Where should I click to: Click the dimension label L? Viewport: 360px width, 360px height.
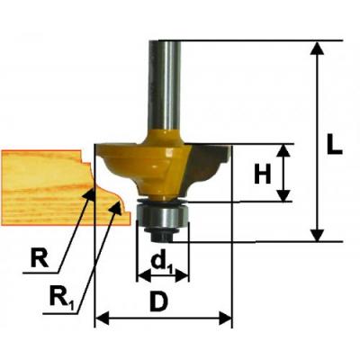(334, 144)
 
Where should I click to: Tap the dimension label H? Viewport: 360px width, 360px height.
(263, 174)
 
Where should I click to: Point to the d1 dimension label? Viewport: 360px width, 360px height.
(162, 263)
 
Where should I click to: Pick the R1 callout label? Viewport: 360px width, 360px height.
(61, 296)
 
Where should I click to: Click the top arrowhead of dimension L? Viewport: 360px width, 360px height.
(317, 49)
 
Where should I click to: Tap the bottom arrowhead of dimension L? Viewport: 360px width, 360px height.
(317, 235)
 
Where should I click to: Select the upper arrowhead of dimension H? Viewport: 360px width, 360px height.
(283, 150)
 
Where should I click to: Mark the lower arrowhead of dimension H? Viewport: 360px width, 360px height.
(283, 195)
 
